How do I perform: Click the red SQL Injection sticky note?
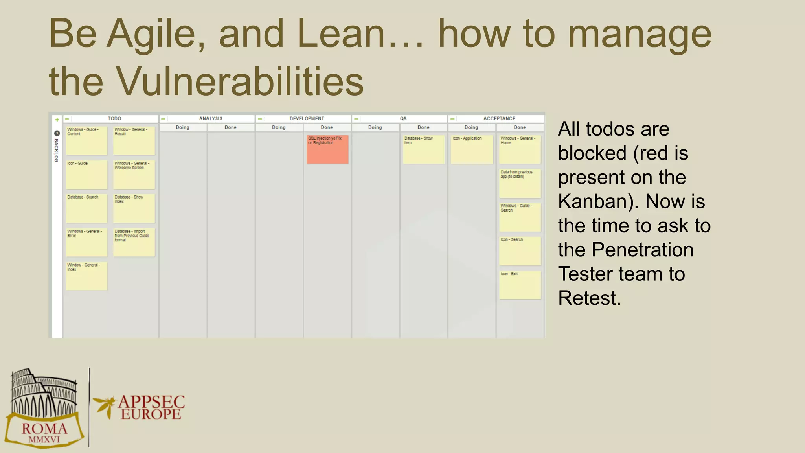(x=327, y=149)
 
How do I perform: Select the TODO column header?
(x=114, y=118)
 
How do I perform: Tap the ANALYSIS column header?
(x=211, y=118)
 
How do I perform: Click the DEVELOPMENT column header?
(x=307, y=118)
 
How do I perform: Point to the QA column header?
(x=403, y=118)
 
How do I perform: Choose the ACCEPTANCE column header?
(x=499, y=118)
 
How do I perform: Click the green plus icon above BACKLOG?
(x=57, y=120)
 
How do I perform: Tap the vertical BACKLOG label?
(x=56, y=150)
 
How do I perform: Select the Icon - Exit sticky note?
(x=520, y=285)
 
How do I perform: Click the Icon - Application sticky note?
(x=472, y=149)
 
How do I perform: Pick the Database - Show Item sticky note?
(x=423, y=149)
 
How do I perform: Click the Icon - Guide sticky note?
(x=86, y=175)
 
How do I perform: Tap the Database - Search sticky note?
(x=86, y=208)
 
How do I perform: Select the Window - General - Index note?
(x=86, y=276)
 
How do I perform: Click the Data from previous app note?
(x=520, y=183)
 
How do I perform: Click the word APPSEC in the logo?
(x=151, y=402)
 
